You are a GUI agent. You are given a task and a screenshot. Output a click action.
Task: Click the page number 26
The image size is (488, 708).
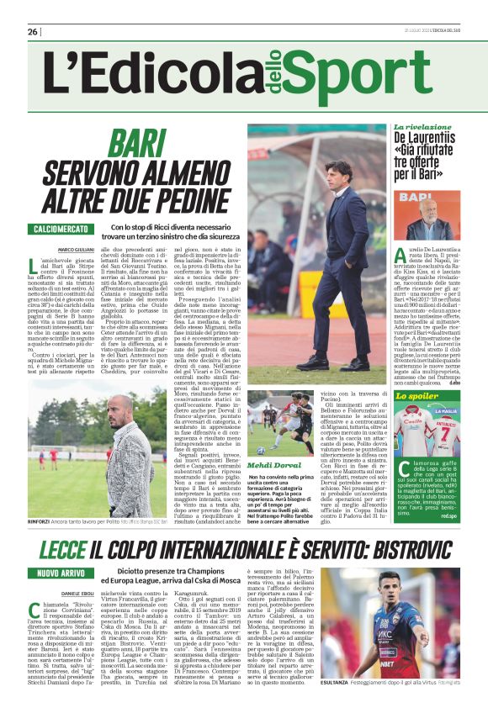32,31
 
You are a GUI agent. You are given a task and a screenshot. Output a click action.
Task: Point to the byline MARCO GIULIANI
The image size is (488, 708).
75,250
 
